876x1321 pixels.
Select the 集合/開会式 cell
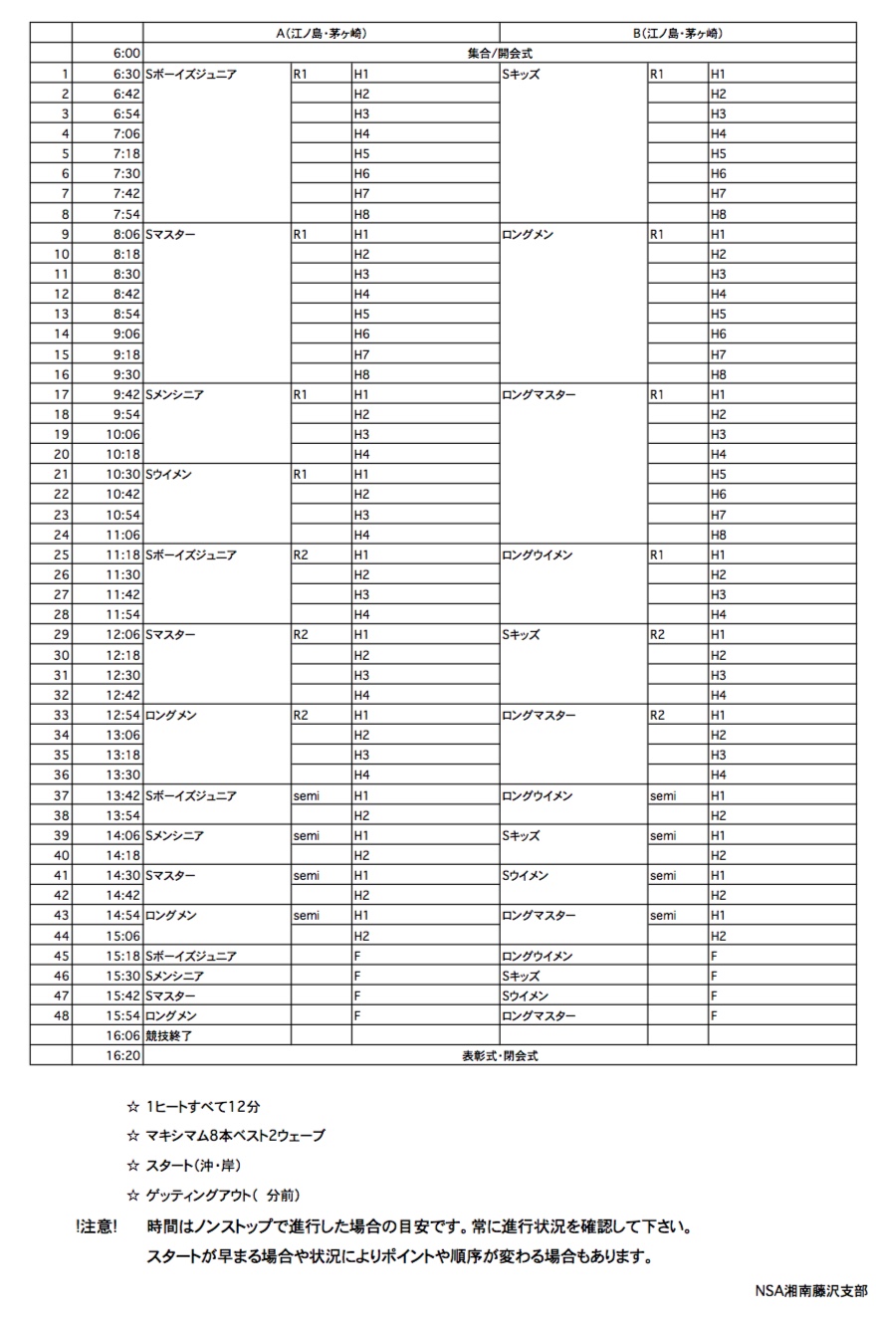point(500,54)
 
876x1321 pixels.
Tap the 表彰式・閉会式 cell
point(500,1056)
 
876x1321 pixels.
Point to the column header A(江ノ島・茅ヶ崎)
point(322,33)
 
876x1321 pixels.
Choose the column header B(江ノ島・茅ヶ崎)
point(678,33)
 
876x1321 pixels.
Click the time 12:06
point(124,635)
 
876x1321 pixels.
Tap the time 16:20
point(124,1056)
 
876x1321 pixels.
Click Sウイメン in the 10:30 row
point(169,475)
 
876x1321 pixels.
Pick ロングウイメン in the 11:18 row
point(538,554)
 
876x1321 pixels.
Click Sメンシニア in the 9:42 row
point(175,394)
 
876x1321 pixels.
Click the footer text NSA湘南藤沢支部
point(810,1289)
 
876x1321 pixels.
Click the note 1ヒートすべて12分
point(203,1106)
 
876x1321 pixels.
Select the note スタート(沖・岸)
point(193,1165)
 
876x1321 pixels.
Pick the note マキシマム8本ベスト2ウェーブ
point(235,1136)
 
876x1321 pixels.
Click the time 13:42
point(124,795)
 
